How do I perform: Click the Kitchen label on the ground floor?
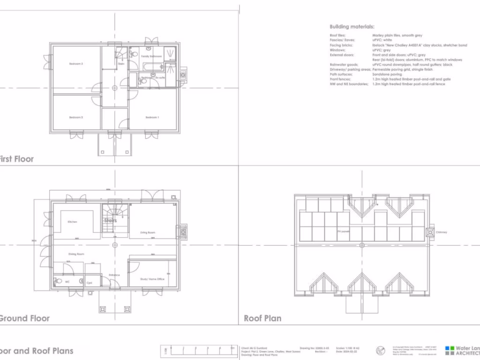pyautogui.click(x=72, y=222)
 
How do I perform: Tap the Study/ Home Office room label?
pyautogui.click(x=152, y=279)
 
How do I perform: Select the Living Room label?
pyautogui.click(x=148, y=232)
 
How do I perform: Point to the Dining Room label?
pyautogui.click(x=76, y=254)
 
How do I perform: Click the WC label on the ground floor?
pyautogui.click(x=67, y=282)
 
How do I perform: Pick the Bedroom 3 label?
pyautogui.click(x=76, y=64)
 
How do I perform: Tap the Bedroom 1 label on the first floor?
pyautogui.click(x=152, y=117)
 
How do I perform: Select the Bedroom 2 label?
pyautogui.click(x=76, y=117)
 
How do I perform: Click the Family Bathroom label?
pyautogui.click(x=151, y=56)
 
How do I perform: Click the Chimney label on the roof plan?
pyautogui.click(x=442, y=232)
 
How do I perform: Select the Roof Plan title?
pyautogui.click(x=262, y=318)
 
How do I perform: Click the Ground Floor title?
pyautogui.click(x=23, y=318)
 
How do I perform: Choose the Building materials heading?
pyautogui.click(x=352, y=27)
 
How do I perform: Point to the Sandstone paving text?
pyautogui.click(x=387, y=74)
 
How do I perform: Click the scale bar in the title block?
pyautogui.click(x=199, y=351)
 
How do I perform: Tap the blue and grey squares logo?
pyautogui.click(x=450, y=351)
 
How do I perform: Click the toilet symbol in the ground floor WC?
pyautogui.click(x=58, y=281)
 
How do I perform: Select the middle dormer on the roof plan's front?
pyautogui.click(x=361, y=284)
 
